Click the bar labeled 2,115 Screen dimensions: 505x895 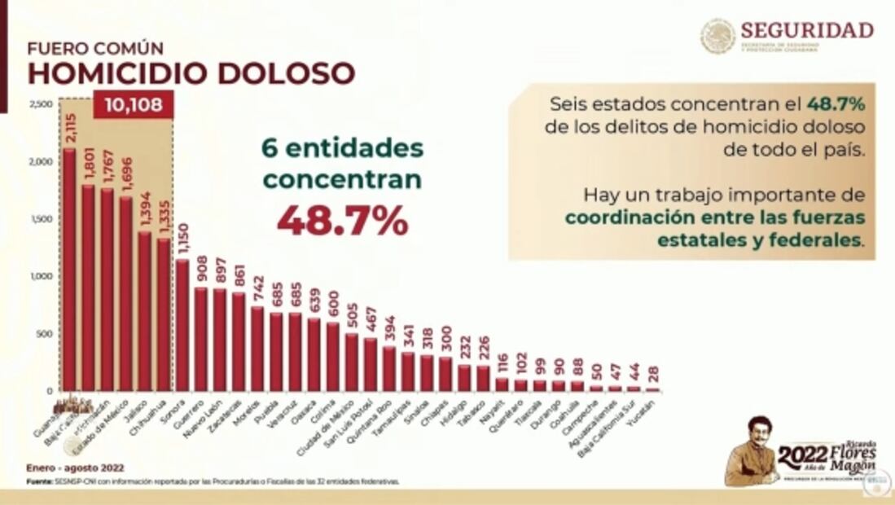click(x=69, y=269)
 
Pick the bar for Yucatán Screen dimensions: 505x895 click(x=653, y=389)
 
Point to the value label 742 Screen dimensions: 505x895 click(x=257, y=286)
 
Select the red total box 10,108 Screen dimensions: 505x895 click(x=134, y=105)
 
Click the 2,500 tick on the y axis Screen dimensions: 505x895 click(x=41, y=104)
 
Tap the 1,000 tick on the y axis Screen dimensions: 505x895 click(x=41, y=277)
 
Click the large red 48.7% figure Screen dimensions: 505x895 click(x=342, y=221)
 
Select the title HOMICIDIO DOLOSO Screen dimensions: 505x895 click(x=191, y=73)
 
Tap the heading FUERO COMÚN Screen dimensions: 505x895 click(x=95, y=48)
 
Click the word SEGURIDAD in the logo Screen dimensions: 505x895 click(x=806, y=30)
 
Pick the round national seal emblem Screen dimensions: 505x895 click(x=717, y=37)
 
